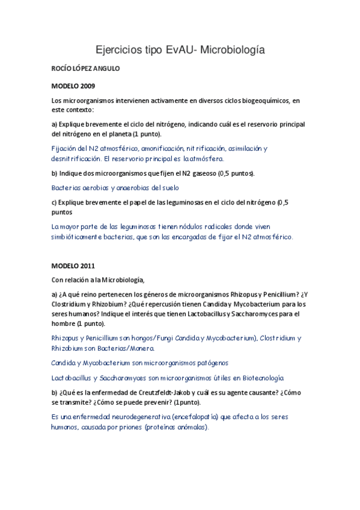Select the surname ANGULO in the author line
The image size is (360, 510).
click(x=105, y=69)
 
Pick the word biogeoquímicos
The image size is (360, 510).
click(x=254, y=100)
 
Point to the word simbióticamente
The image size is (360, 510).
click(x=78, y=237)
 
